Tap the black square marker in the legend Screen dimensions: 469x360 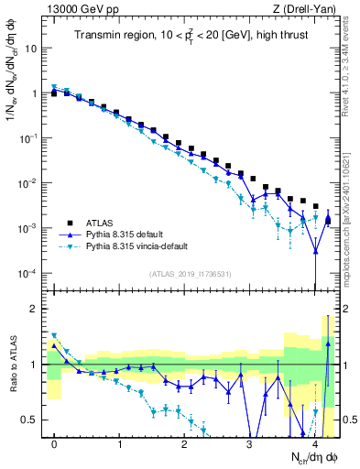71,222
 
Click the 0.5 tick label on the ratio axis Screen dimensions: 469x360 30,420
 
